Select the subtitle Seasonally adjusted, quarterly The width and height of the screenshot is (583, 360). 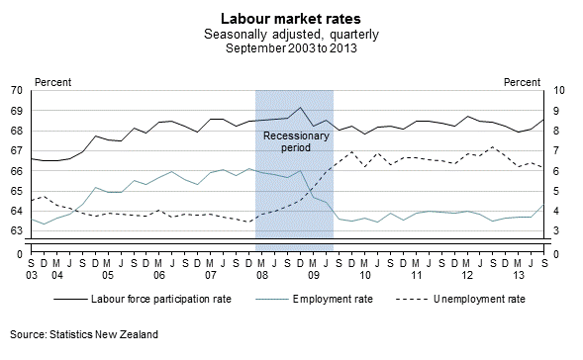click(291, 33)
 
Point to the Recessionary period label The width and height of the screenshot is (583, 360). click(294, 139)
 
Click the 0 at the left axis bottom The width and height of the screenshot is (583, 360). click(20, 254)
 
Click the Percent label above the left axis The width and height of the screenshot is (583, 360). click(52, 80)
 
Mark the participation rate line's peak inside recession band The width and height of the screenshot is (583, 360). click(301, 108)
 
